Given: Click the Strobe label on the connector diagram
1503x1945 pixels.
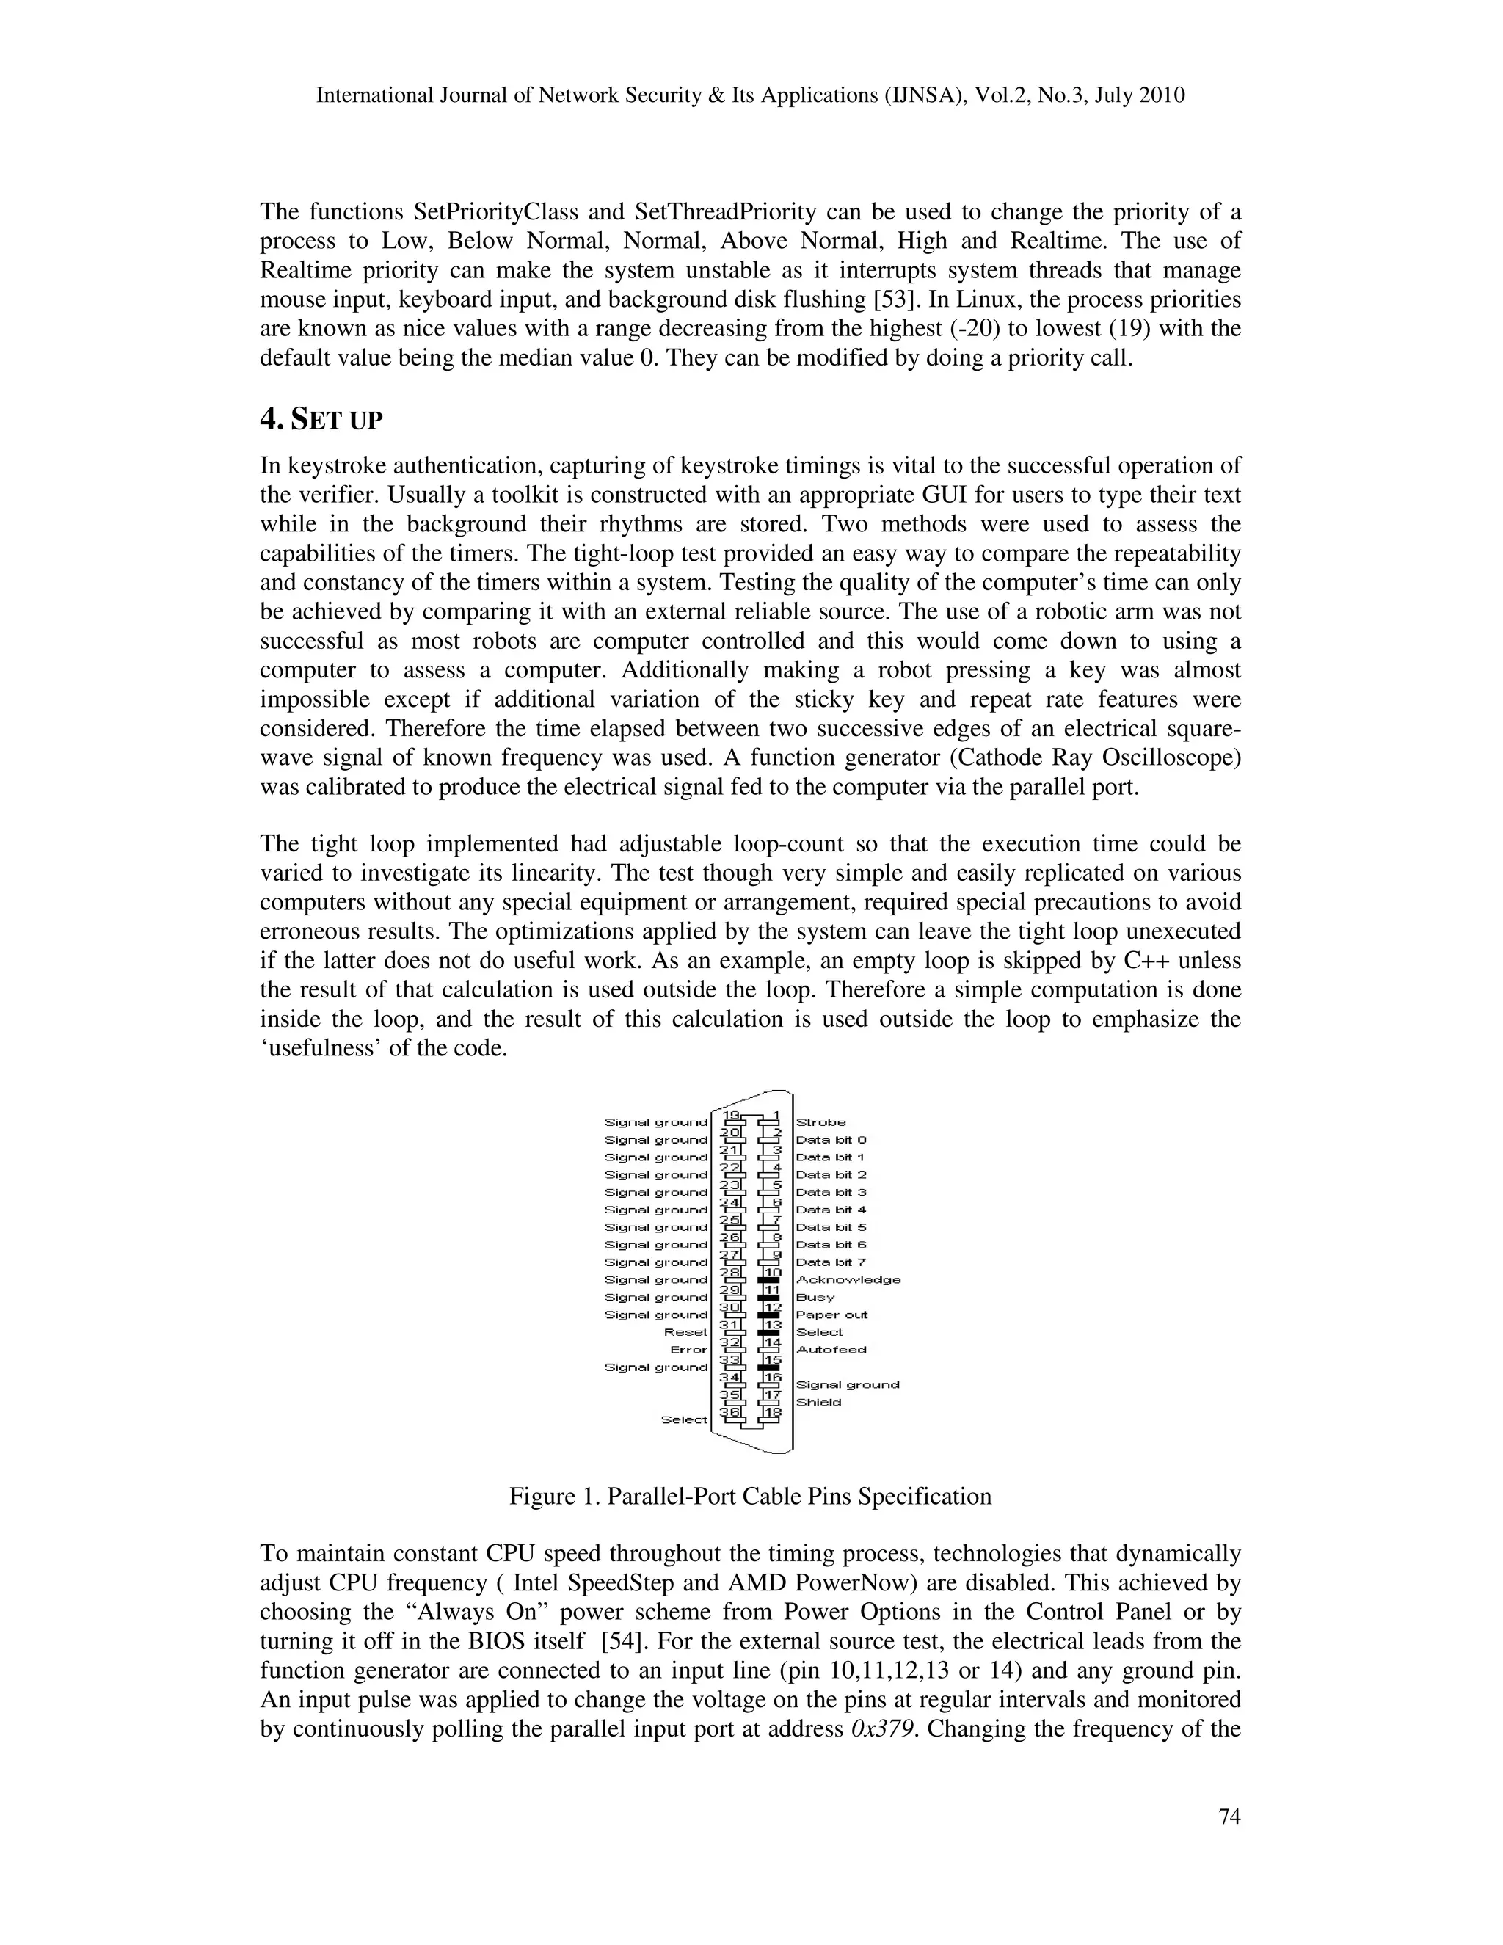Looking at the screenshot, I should pos(820,1122).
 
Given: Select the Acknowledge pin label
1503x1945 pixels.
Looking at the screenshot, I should pos(848,1280).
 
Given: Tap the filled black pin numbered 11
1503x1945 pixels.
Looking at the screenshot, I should pos(768,1298).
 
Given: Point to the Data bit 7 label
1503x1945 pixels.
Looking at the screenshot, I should pos(830,1262).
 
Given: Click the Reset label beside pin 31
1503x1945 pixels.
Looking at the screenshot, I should pos(685,1332).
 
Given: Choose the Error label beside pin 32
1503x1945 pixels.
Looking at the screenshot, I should pos(688,1349).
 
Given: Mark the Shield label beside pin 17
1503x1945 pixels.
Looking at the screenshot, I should pos(818,1402).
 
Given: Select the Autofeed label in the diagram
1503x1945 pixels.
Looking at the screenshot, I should pos(830,1349).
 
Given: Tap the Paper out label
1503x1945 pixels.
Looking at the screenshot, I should pos(831,1315).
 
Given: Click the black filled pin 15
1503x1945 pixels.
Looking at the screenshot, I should pos(768,1367).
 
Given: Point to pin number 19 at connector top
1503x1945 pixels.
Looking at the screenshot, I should pos(731,1115).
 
